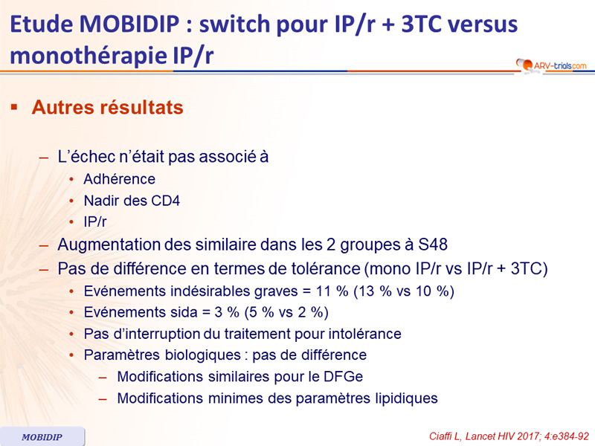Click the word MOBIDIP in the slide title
click(x=129, y=25)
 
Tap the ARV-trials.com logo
click(x=551, y=65)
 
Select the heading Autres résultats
click(x=108, y=107)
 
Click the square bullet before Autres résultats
click(x=14, y=107)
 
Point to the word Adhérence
click(x=120, y=179)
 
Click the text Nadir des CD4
click(x=132, y=201)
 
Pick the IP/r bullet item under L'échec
click(x=95, y=222)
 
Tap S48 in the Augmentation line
click(x=433, y=245)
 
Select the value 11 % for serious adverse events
click(x=332, y=291)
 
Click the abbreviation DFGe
click(x=343, y=377)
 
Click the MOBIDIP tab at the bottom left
click(x=42, y=437)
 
